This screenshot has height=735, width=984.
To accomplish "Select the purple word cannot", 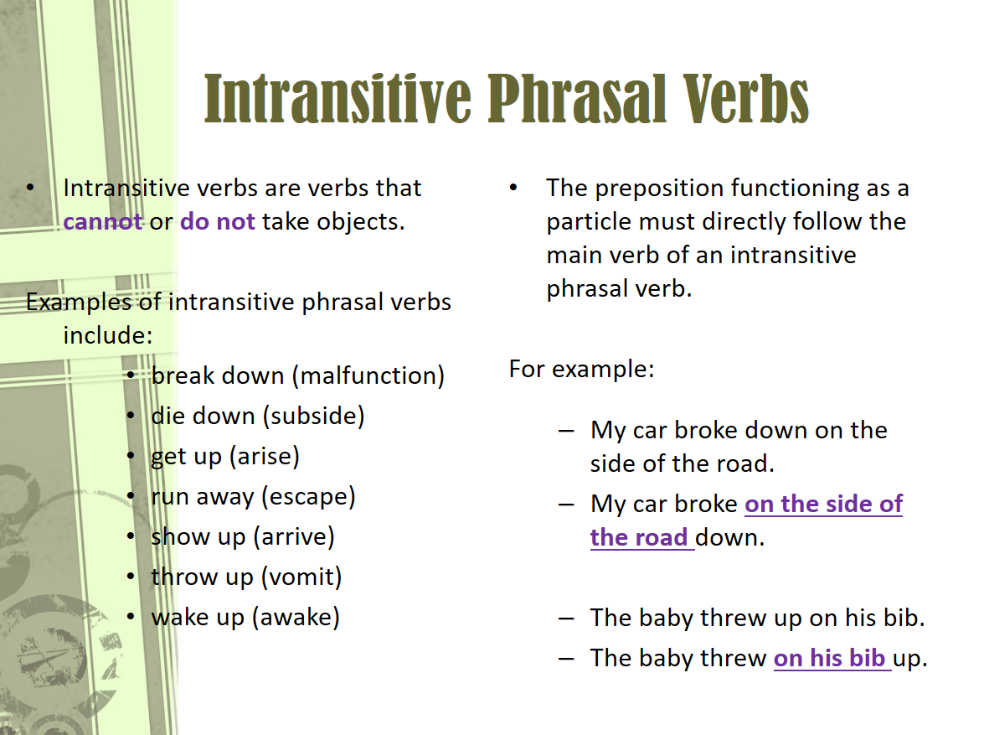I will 102,222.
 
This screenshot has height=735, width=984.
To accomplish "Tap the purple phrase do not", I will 218,222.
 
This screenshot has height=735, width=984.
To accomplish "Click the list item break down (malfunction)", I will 297,375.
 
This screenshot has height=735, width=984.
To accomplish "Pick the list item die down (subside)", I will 257,416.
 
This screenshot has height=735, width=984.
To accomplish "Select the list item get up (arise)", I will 224,456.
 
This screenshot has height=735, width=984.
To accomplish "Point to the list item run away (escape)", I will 253,496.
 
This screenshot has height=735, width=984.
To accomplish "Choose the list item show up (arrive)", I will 242,536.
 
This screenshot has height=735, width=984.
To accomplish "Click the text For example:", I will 581,369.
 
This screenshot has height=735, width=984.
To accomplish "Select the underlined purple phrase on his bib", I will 829,659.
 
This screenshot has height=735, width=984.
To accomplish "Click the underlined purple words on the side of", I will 823,505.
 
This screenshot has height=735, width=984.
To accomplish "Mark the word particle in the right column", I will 589,222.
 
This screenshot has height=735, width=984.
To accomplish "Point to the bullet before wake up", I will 131,618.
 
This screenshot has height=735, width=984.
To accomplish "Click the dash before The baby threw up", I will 567,619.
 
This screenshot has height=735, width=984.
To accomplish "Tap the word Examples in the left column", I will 79,302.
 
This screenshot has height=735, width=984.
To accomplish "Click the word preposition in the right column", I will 659,188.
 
